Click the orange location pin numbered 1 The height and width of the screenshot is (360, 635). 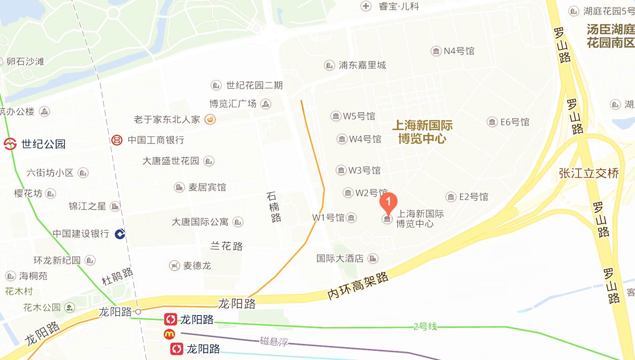coord(389,202)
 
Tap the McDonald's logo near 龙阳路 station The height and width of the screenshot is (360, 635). coord(169,334)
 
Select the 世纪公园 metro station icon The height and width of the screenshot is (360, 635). coord(10,144)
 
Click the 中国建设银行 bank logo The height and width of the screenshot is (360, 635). coord(120,234)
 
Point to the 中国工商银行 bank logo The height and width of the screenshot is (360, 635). coord(117,140)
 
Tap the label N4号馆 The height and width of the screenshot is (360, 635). coord(459,51)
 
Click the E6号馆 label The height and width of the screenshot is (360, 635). coord(514,122)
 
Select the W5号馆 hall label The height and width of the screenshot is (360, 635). coord(359,116)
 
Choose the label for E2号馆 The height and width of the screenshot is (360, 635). coord(474,197)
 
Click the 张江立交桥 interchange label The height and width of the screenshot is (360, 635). coord(588,173)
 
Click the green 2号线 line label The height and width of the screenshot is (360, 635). coord(425,326)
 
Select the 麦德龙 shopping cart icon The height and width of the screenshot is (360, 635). coord(175,265)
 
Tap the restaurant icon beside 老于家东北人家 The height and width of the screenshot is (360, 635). coord(211,119)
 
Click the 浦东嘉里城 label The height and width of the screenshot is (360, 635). coord(362,65)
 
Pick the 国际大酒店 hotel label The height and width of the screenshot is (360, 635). coord(340,258)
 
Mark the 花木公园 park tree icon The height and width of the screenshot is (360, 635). coord(69,308)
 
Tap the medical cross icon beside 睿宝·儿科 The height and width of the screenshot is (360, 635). coord(366,6)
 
